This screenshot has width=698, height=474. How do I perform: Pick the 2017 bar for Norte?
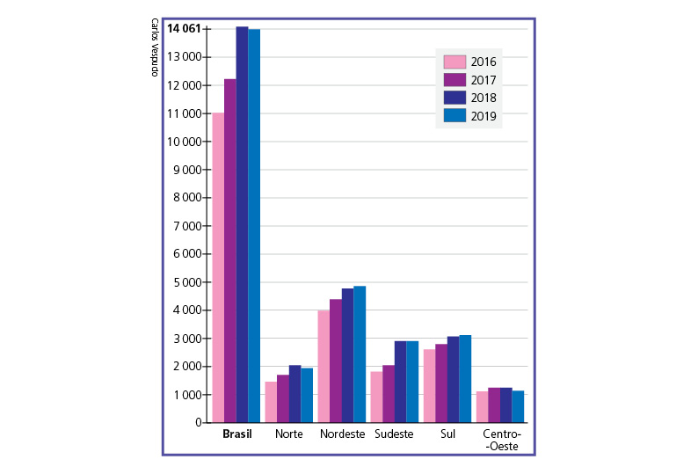click(283, 398)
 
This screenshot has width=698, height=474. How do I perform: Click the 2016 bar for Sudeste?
click(376, 397)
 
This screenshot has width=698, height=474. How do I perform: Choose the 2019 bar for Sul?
click(465, 378)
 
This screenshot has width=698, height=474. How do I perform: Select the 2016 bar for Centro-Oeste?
click(482, 406)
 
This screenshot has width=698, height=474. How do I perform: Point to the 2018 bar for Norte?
click(295, 393)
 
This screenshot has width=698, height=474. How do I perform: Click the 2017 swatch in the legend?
click(454, 80)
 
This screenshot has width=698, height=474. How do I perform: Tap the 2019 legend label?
click(484, 116)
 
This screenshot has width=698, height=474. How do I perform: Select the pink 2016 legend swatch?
click(454, 62)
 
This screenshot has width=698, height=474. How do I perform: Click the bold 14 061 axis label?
click(184, 29)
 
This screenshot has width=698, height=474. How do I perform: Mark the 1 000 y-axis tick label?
click(187, 395)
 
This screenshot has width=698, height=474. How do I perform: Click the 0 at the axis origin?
click(200, 423)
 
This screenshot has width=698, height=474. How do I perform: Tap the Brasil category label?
click(236, 435)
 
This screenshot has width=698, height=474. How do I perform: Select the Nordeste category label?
click(342, 435)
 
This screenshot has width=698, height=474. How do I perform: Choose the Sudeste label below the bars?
click(394, 435)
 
